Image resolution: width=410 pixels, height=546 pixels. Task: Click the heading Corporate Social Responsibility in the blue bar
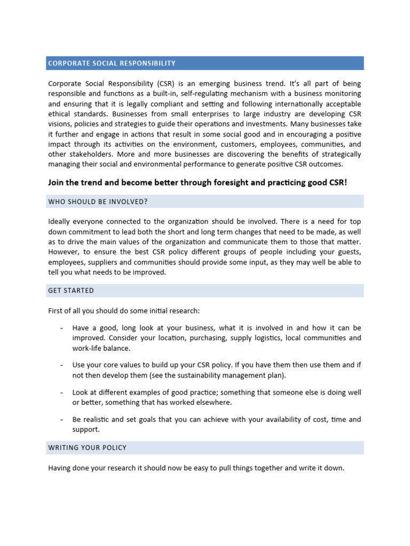(112, 63)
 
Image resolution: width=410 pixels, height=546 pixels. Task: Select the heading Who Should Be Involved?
(98, 202)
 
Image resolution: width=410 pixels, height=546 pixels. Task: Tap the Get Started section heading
(71, 291)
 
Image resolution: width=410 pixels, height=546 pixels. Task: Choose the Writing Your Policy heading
(87, 447)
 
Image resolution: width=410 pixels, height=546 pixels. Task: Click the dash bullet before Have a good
(61, 328)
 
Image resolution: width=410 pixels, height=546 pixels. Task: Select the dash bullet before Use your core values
(61, 365)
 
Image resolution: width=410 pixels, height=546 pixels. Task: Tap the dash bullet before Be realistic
(61, 420)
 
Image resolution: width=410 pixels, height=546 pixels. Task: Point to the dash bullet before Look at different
(61, 392)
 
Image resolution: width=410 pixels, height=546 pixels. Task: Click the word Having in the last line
(60, 468)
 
